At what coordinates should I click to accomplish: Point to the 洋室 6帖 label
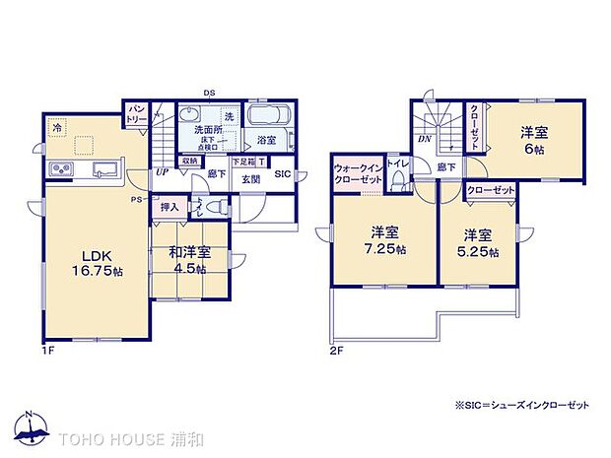click(x=534, y=139)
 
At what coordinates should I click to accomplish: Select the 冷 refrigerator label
click(x=57, y=128)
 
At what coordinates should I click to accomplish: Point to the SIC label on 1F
click(x=283, y=175)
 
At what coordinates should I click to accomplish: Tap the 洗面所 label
click(x=209, y=131)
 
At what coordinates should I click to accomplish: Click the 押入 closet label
click(x=170, y=207)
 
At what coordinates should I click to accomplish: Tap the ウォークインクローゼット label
click(x=359, y=173)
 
